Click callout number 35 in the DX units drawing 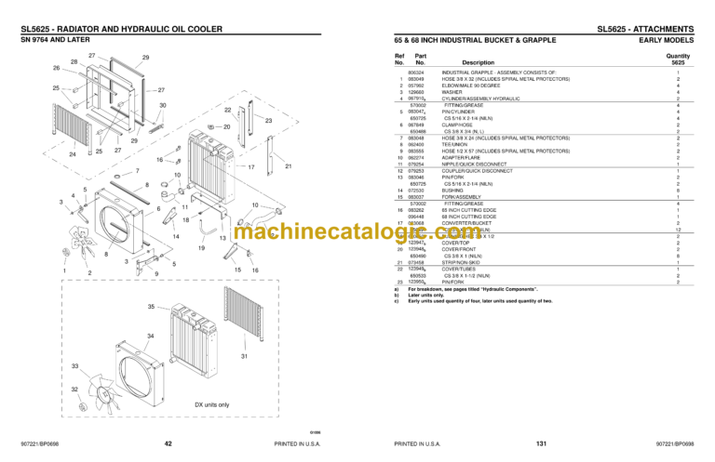click(x=150, y=307)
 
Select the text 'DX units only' click(x=211, y=404)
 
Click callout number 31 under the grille click(x=244, y=356)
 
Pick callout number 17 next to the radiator click(x=251, y=166)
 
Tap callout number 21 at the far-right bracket click(x=288, y=166)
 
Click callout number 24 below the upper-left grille click(x=73, y=153)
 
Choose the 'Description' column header click(x=472, y=62)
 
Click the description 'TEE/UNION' click(x=455, y=145)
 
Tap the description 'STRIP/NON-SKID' click(x=461, y=263)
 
